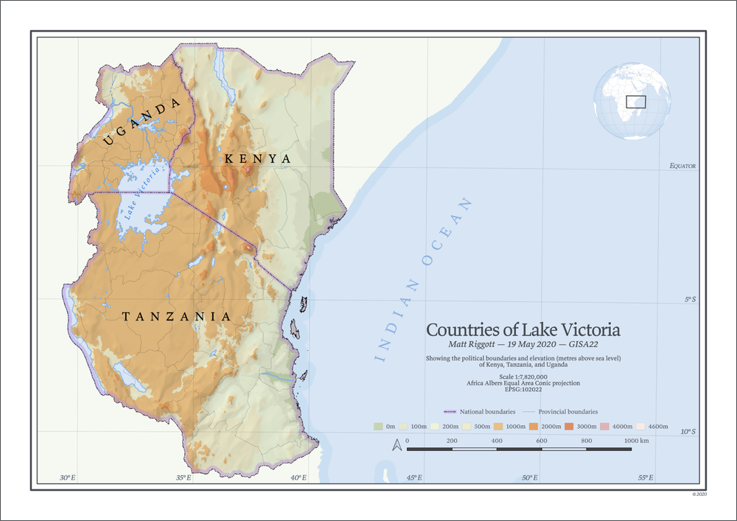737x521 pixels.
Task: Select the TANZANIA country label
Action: tap(176, 317)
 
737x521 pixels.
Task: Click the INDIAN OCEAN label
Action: tap(424, 279)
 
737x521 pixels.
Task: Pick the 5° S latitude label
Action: tap(689, 299)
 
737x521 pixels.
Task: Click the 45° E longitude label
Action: tap(413, 478)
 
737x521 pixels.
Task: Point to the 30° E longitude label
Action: tap(67, 478)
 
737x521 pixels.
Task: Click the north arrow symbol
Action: tap(397, 445)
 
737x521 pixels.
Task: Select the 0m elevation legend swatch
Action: tap(379, 426)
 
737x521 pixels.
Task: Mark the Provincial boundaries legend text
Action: tap(567, 411)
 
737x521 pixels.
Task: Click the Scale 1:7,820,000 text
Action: tap(523, 377)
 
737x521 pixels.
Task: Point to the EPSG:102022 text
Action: tap(523, 390)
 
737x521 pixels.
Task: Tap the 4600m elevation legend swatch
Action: tap(641, 426)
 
